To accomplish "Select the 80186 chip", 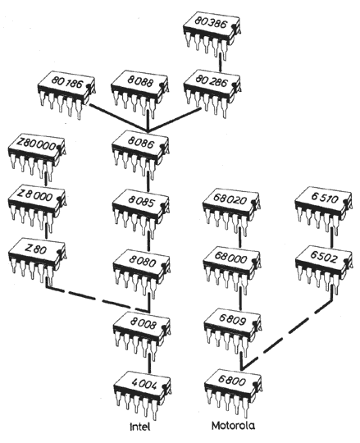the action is [x=66, y=94].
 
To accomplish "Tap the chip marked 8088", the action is [x=139, y=94].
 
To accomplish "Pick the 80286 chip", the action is [x=212, y=94].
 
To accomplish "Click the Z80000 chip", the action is [x=37, y=157].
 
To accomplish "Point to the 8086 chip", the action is [x=140, y=155].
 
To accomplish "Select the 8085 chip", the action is [x=141, y=214].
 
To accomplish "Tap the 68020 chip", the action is [x=231, y=212].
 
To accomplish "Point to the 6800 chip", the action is [x=233, y=394].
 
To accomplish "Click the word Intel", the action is [x=140, y=427].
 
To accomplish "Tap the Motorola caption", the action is [x=233, y=426].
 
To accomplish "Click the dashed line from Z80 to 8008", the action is [x=97, y=299].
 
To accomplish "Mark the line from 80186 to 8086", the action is [x=119, y=118].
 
